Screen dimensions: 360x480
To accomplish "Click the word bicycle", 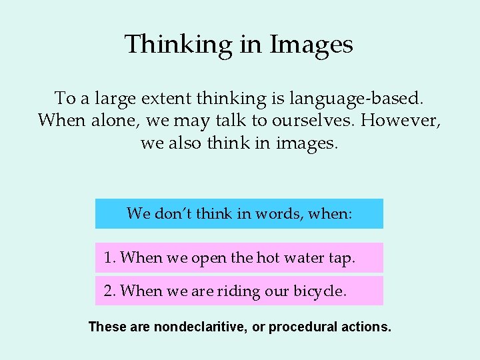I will (x=320, y=291).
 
